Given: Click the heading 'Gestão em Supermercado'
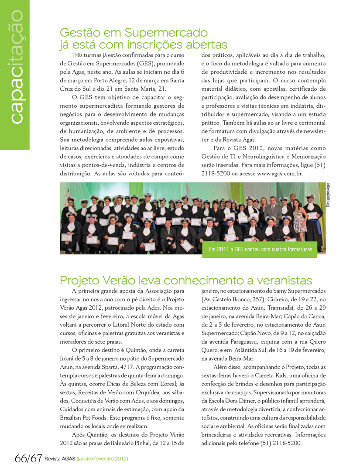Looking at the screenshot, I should click(x=133, y=33).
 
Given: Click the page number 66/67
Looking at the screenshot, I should click(x=28, y=459).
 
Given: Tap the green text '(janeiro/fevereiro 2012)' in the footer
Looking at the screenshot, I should click(x=102, y=460).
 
